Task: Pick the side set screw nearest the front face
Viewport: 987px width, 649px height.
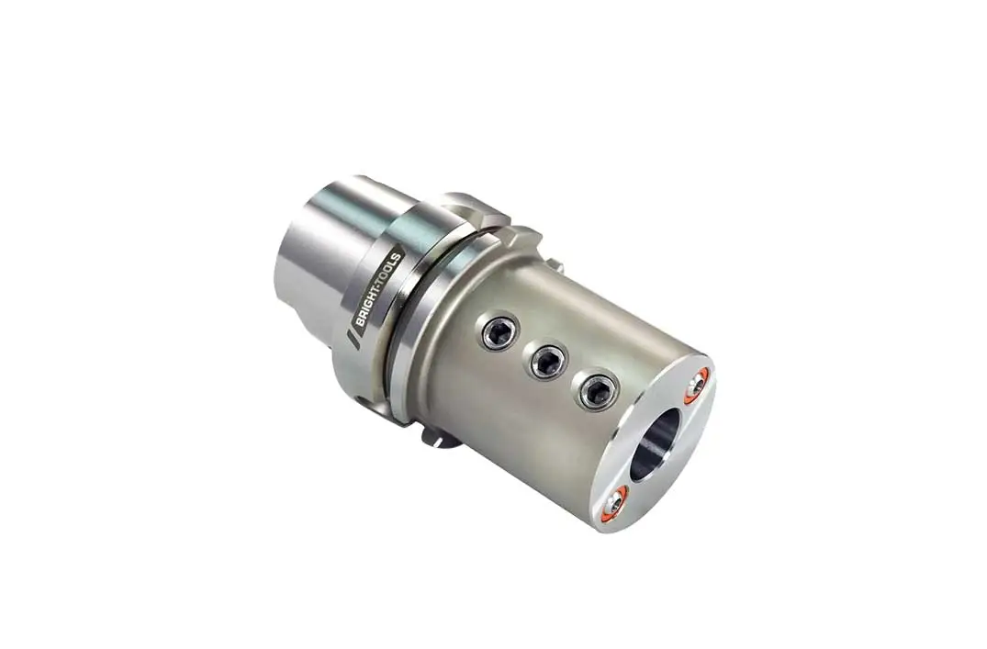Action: pyautogui.click(x=597, y=392)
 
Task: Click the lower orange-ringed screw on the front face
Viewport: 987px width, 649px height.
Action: pyautogui.click(x=613, y=500)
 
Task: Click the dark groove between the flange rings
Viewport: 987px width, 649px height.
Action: pyautogui.click(x=404, y=303)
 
